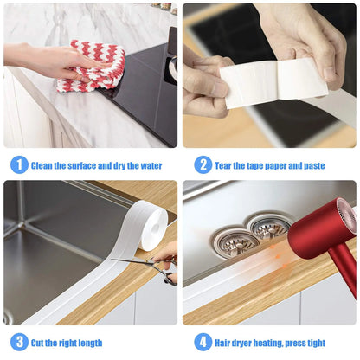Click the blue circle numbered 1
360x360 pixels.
[x=19, y=164]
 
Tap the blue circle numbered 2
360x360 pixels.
[x=202, y=164]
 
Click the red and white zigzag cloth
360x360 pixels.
[x=90, y=67]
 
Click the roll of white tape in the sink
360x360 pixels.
[x=153, y=228]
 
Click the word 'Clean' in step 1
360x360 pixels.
[x=44, y=164]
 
